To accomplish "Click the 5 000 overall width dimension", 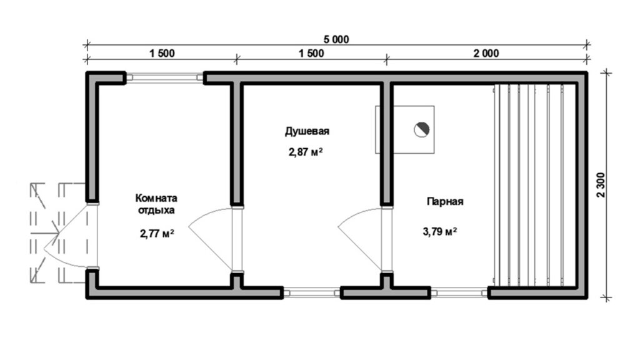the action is pos(336,39).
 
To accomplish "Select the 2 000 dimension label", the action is pos(486,54).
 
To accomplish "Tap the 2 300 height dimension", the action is pos(602,185).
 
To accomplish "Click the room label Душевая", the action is pos(307,131).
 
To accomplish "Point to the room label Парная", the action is pos(445,202).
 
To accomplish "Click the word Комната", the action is pos(156,198).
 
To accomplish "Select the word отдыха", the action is pos(156,211).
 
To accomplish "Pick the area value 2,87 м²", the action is pos(306,152).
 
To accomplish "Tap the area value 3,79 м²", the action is pos(439,232).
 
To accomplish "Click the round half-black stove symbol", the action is pos(421,130).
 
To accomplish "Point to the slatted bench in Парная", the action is pos(535,184).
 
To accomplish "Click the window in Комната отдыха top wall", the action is pos(164,77).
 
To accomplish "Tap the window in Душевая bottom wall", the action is pos(312,292).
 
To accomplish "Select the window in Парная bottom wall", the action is pos(459,292).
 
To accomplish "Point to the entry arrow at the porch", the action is pos(46,234).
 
